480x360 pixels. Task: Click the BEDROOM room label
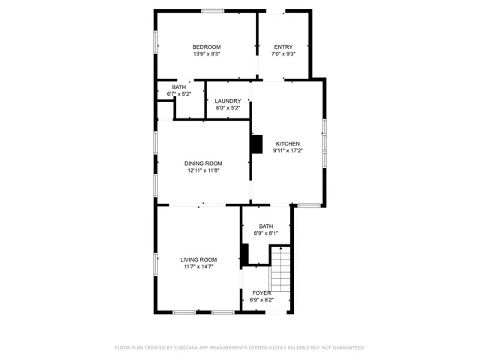206,46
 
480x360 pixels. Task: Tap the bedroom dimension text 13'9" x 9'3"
206,54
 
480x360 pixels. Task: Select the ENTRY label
283,46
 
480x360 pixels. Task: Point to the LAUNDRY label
227,100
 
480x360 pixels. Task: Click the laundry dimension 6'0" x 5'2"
227,108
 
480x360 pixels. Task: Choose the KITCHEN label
288,143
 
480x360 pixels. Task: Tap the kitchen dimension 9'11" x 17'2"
288,151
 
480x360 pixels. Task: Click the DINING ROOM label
203,163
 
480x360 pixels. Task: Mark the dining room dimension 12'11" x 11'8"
203,170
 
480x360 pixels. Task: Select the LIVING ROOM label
199,259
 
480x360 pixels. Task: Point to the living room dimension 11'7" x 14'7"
199,267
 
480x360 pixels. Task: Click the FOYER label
261,292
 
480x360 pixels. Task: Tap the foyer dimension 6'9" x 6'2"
261,300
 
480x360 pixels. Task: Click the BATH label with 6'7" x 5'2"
179,87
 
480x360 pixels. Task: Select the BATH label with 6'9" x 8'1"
266,226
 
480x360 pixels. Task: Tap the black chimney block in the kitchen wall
257,143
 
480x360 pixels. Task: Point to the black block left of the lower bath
244,255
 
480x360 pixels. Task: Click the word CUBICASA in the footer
190,348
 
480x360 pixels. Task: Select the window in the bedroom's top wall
212,10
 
